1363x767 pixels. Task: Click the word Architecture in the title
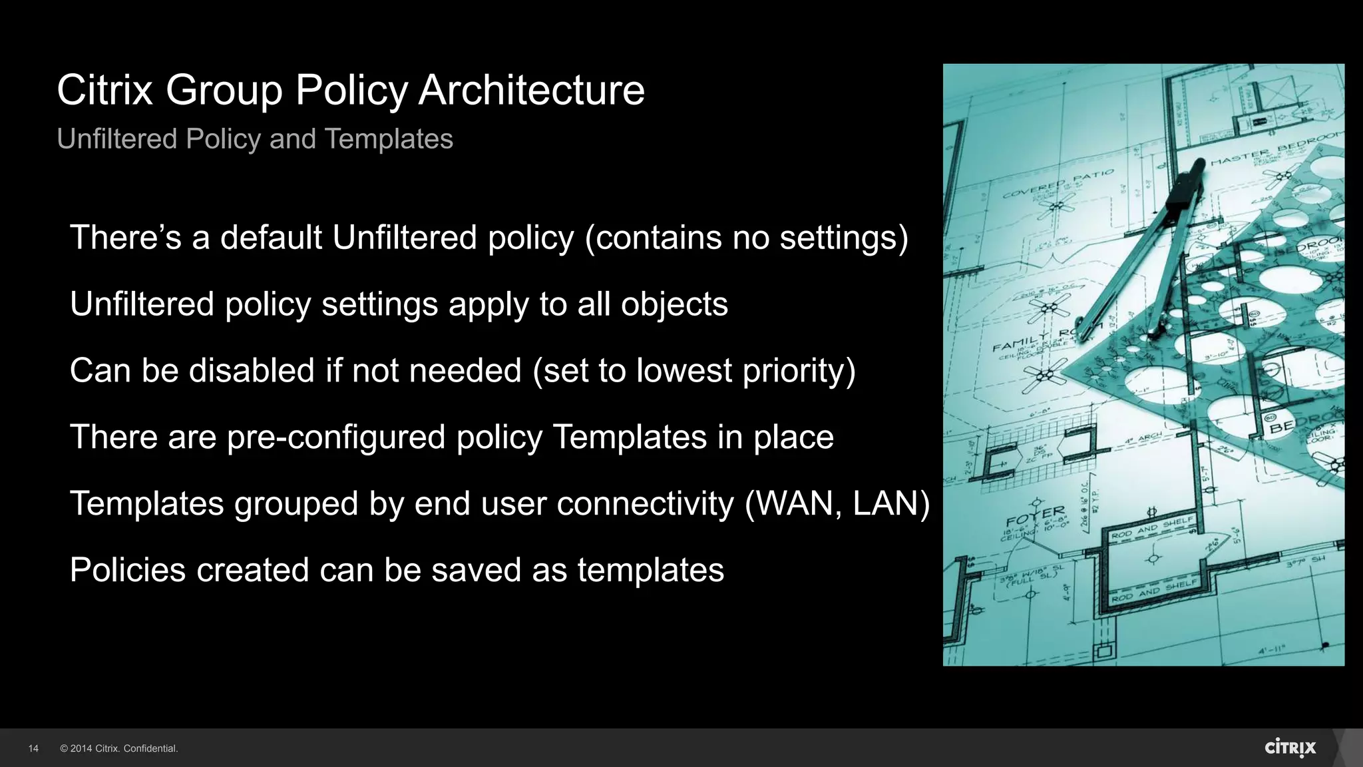point(531,90)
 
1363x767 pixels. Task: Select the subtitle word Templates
point(389,139)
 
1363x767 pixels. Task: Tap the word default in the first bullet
point(271,238)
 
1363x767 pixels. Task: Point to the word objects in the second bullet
point(674,304)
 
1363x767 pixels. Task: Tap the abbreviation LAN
point(884,503)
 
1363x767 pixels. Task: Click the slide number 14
point(33,748)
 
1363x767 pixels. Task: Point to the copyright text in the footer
point(119,748)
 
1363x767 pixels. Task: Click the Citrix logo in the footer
point(1290,748)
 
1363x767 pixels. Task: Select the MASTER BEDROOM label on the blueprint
point(1275,150)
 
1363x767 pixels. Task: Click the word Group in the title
point(224,90)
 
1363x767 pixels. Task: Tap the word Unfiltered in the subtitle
point(116,139)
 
